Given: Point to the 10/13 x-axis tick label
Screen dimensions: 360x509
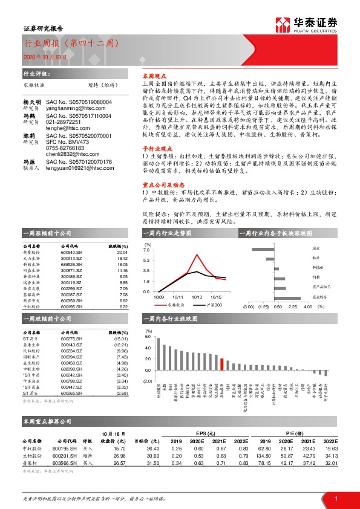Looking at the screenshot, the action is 197,297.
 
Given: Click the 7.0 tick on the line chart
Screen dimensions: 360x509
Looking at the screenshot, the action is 146,250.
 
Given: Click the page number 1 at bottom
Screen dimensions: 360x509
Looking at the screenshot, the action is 335,499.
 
